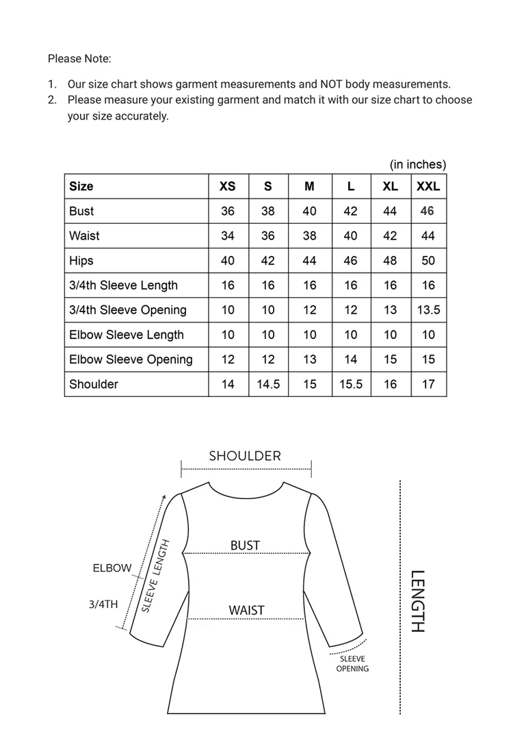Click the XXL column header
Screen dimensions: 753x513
coord(428,186)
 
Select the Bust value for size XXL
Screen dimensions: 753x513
coord(428,211)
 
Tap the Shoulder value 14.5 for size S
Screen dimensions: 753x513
coord(268,384)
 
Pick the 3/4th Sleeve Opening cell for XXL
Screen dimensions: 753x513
coord(428,310)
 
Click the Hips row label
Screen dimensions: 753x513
coord(81,261)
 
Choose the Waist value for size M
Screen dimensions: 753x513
coord(310,235)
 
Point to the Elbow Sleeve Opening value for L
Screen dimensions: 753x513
coord(350,359)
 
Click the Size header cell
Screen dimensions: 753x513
coord(81,186)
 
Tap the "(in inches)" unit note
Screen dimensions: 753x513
coord(417,164)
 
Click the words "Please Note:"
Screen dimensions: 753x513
coord(79,59)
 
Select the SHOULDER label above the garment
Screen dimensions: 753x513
coord(245,456)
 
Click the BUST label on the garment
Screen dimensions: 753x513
coord(245,546)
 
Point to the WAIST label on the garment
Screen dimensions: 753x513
coord(246,610)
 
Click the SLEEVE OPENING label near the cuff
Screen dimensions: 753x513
coord(352,664)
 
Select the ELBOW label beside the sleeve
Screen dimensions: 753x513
coord(111,568)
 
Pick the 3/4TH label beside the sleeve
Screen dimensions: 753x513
coord(103,605)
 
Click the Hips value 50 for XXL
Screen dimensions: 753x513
coord(428,261)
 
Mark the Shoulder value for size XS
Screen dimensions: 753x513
coord(228,384)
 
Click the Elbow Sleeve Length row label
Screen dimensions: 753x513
coord(127,335)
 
